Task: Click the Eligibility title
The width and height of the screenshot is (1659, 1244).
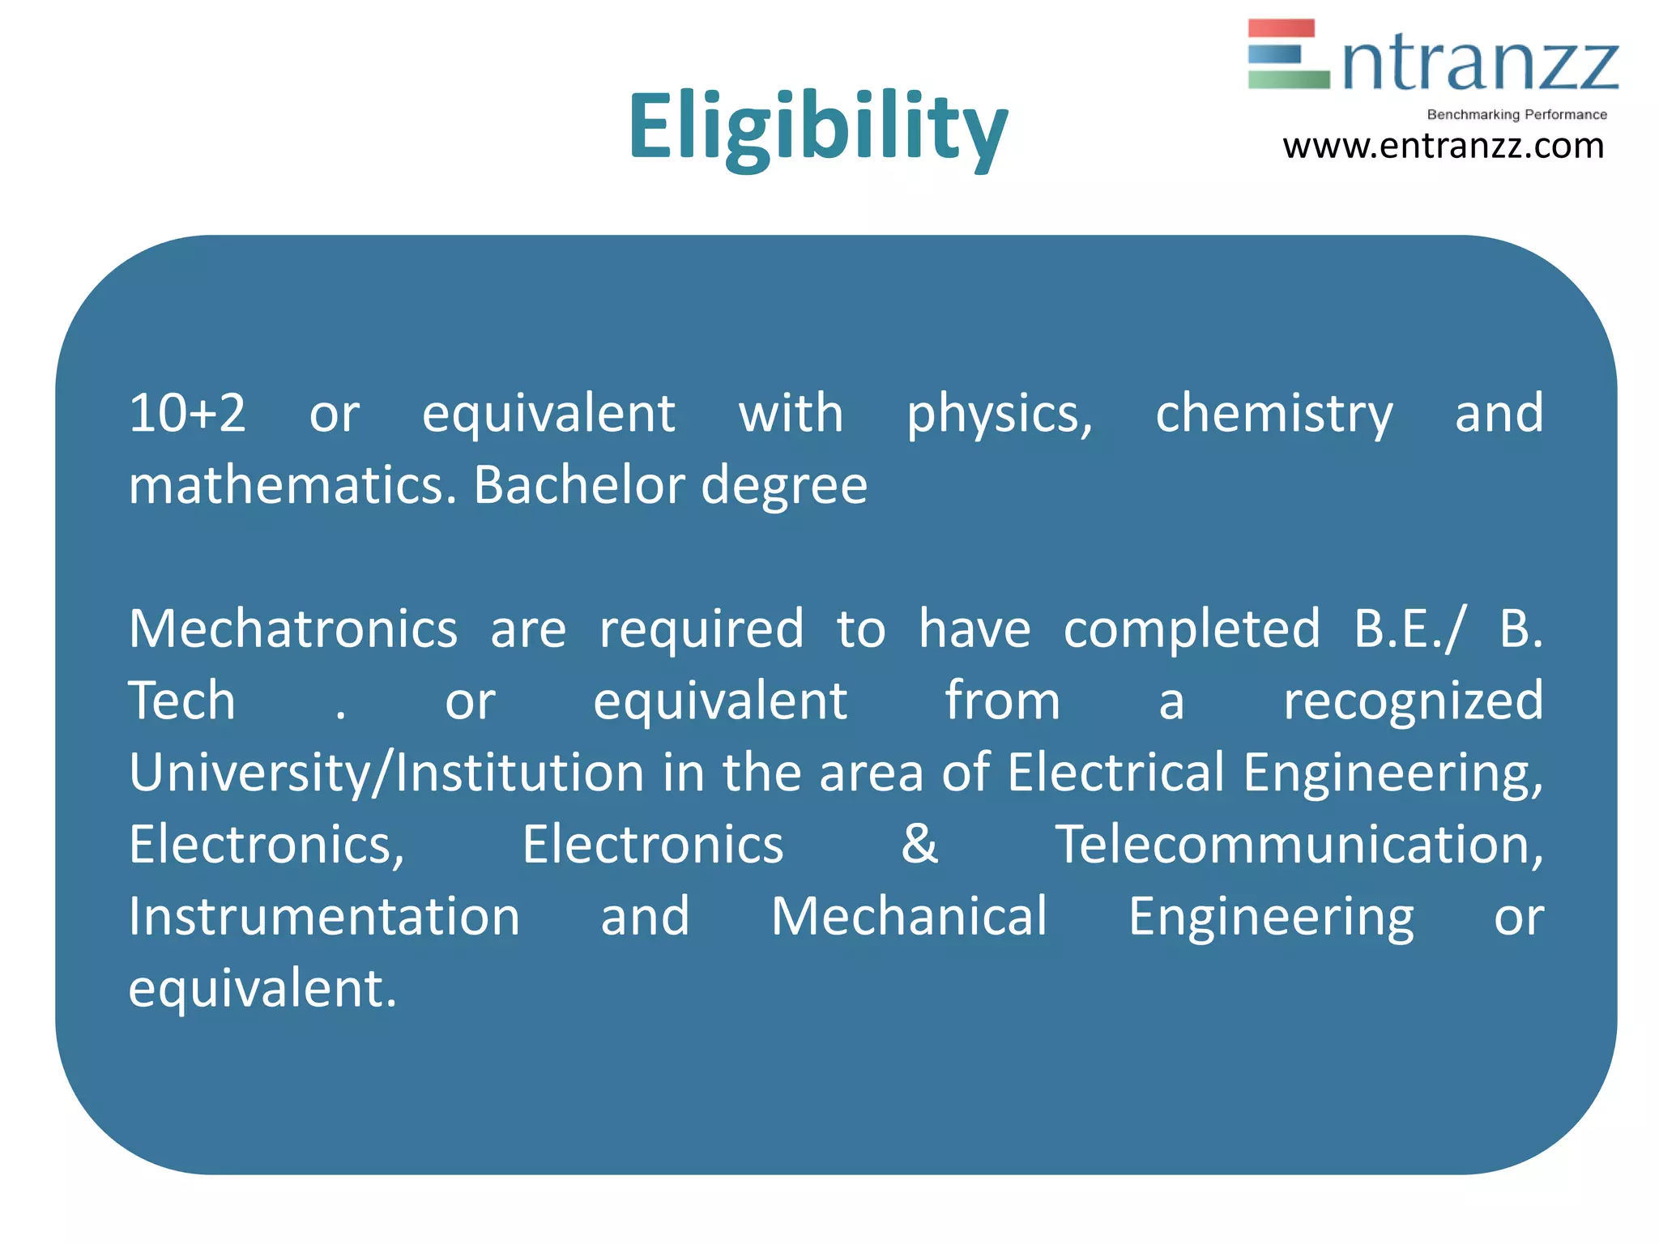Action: click(x=818, y=128)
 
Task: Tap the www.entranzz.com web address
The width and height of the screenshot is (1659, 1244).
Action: click(x=1443, y=147)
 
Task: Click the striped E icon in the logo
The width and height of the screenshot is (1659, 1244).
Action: click(x=1288, y=53)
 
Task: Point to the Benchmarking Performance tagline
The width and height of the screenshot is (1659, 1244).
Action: click(x=1516, y=115)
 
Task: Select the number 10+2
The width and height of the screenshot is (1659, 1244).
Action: click(x=187, y=413)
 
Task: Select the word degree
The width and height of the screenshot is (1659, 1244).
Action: click(x=783, y=487)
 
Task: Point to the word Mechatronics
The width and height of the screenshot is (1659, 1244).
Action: click(x=293, y=628)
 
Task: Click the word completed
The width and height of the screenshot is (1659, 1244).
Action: click(x=1192, y=630)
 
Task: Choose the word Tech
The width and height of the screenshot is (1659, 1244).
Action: click(x=182, y=701)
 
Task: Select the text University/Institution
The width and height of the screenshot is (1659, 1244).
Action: click(x=386, y=773)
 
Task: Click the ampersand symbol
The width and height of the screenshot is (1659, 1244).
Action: click(x=919, y=844)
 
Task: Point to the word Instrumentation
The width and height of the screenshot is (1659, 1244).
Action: click(x=324, y=916)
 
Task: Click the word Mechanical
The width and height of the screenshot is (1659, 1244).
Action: click(x=909, y=916)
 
